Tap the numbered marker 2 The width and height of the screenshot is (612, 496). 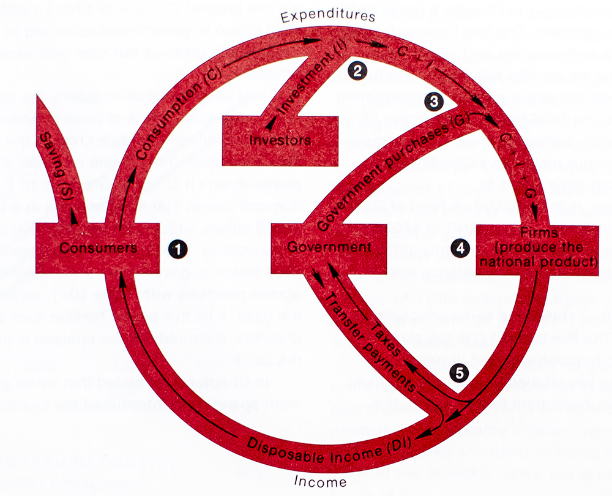point(356,70)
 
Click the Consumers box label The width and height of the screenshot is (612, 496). point(99,248)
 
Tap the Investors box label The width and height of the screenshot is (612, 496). point(280,140)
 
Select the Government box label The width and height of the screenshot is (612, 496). point(329,247)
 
